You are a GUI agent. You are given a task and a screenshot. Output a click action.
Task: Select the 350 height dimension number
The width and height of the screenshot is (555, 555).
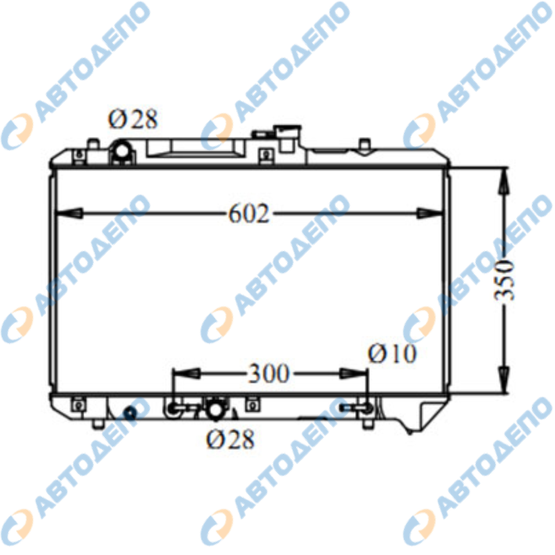[x=504, y=280]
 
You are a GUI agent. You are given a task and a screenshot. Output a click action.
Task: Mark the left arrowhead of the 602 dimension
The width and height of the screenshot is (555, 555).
[x=69, y=214]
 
